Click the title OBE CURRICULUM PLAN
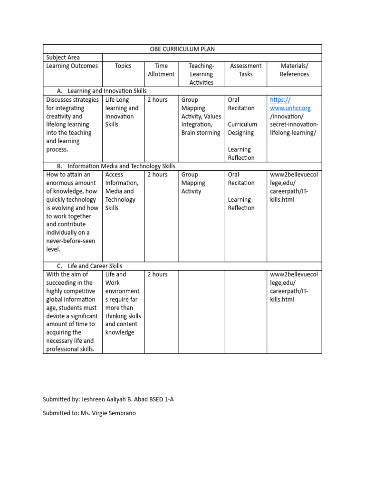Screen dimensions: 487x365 [182, 49]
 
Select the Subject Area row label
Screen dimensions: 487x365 [63, 58]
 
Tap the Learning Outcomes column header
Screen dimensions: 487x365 [72, 66]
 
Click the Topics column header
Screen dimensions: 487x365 [123, 66]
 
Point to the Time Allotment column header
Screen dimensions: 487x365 [161, 70]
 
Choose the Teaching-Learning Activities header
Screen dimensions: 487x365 [201, 74]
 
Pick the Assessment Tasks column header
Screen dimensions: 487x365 [246, 70]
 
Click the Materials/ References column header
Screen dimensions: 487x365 [294, 70]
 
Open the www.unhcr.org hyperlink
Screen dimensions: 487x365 [290, 108]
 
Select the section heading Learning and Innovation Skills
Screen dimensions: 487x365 [107, 91]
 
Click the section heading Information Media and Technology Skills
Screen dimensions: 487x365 [121, 166]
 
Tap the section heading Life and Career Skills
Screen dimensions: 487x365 [95, 266]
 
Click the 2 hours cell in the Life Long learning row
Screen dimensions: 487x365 [157, 100]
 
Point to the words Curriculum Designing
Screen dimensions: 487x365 [242, 128]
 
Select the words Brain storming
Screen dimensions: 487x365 [201, 133]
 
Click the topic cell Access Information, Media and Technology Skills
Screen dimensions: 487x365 [122, 191]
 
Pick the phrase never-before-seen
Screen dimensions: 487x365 [70, 241]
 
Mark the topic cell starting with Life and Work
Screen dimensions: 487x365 [123, 303]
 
